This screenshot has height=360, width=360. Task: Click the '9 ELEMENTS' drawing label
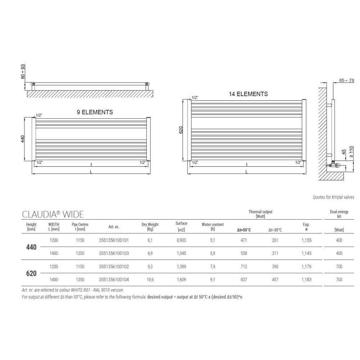tap(95, 112)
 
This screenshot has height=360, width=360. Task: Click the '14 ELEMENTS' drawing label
tap(248, 94)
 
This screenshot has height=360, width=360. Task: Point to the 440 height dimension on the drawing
tap(23, 139)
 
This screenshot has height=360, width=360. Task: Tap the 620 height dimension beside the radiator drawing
tap(181, 130)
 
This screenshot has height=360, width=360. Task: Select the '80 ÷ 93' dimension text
tap(23, 72)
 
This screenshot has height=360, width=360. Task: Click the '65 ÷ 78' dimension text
tap(346, 80)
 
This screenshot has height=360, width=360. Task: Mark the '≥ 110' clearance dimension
tap(351, 152)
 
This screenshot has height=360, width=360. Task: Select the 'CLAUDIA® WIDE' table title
tap(53, 215)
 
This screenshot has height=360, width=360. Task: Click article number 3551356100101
tap(114, 240)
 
